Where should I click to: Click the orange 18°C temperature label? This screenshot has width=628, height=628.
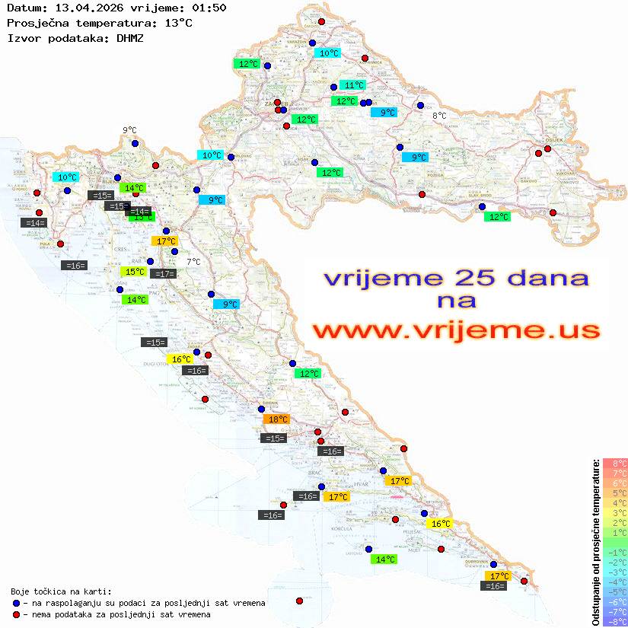click(x=276, y=419)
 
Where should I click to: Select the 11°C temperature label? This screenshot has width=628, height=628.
click(x=352, y=85)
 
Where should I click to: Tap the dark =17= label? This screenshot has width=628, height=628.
click(x=163, y=274)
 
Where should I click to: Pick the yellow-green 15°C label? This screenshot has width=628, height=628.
click(x=134, y=272)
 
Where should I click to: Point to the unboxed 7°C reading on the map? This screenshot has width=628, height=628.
click(x=193, y=262)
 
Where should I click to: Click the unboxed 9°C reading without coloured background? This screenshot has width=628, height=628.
click(x=129, y=130)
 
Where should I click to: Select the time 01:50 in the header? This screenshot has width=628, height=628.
click(x=209, y=8)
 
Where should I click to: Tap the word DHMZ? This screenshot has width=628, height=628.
click(x=130, y=37)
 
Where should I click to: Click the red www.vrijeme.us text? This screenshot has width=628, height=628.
click(x=455, y=331)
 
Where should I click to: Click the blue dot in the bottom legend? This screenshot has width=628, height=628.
click(x=16, y=603)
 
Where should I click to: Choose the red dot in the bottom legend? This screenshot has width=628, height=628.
click(x=16, y=614)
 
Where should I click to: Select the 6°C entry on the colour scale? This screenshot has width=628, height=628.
click(x=615, y=483)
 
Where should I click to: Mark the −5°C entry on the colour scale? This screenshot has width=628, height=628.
click(x=615, y=591)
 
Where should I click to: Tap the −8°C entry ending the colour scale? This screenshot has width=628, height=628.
click(x=615, y=621)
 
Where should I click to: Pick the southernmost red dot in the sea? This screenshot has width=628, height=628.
click(x=299, y=601)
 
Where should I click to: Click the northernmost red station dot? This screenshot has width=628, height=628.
click(x=321, y=22)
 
